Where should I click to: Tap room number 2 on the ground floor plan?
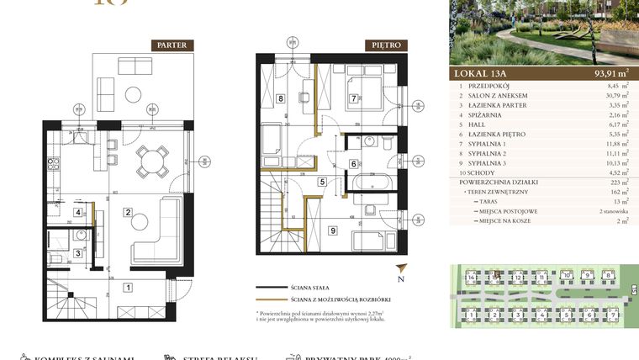tap(127, 212)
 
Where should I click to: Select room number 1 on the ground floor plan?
tap(127, 288)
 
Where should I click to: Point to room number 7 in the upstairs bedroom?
tap(354, 98)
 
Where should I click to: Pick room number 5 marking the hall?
tap(321, 181)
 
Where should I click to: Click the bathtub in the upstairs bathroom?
tap(369, 183)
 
